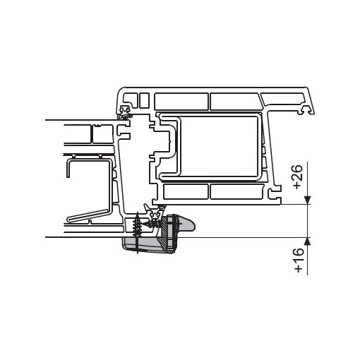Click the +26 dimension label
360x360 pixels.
296,177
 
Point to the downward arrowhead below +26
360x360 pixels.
308,200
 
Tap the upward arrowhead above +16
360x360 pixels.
308,241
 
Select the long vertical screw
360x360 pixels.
137,232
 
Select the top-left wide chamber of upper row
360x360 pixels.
181,100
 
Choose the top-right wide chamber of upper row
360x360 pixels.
236,100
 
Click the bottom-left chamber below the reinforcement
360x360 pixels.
186,191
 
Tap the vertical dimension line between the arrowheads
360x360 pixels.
308,221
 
